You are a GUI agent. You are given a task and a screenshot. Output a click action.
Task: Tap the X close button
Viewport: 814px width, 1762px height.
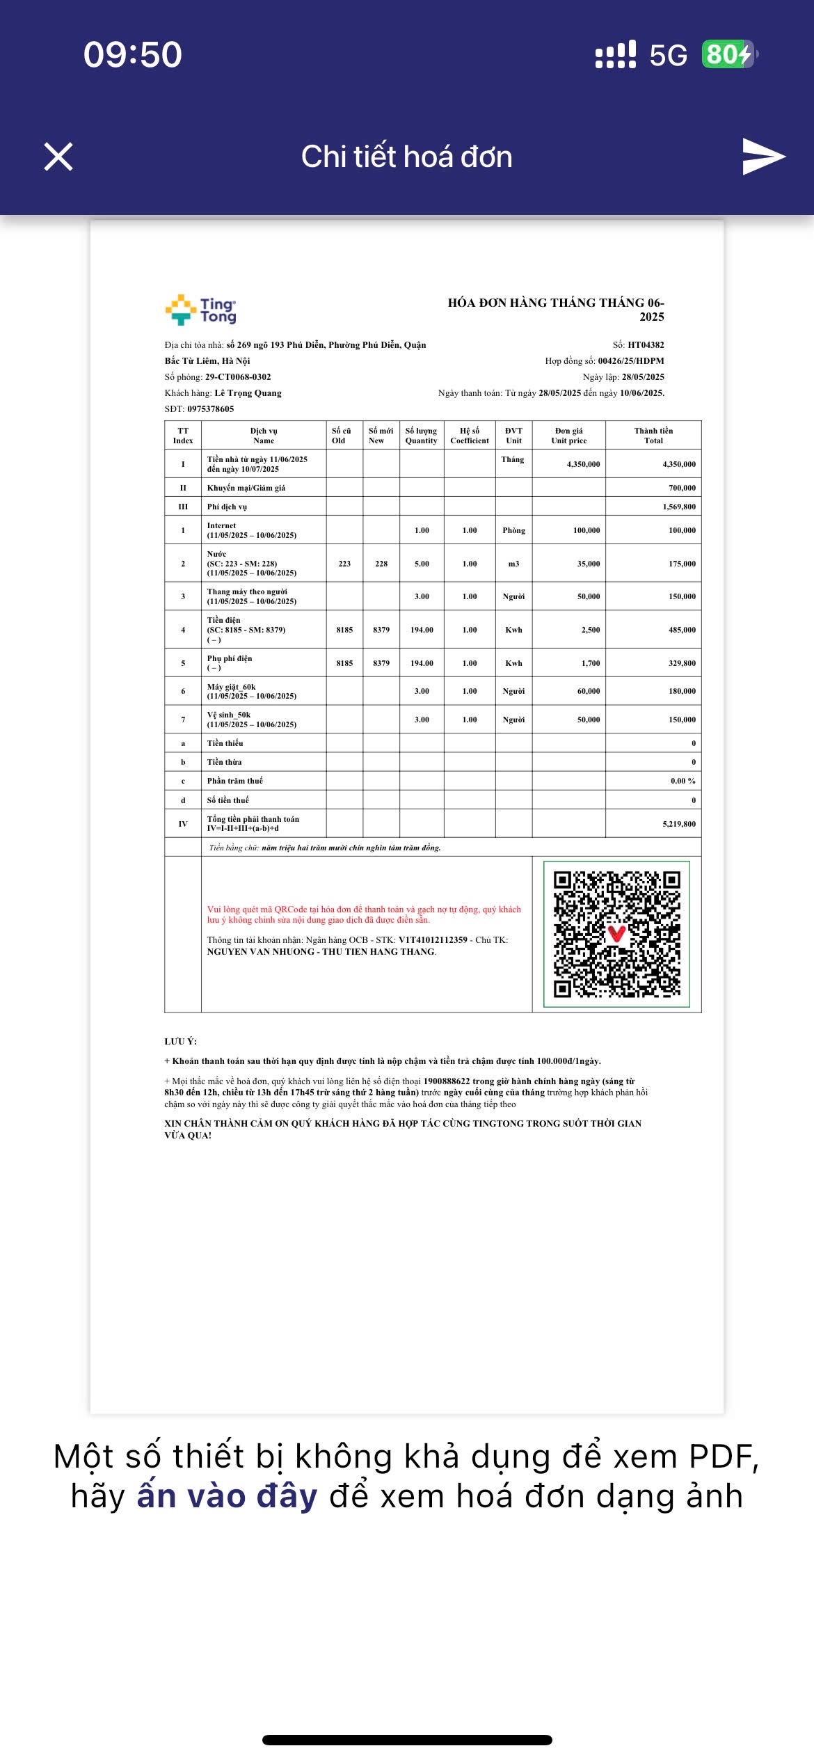pos(58,157)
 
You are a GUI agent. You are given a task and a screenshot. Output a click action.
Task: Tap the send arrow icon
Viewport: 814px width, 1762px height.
pos(763,157)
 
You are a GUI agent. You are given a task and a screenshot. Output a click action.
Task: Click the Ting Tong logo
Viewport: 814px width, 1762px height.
pos(201,310)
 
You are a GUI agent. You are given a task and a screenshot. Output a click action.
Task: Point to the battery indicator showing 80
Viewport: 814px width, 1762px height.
pos(728,54)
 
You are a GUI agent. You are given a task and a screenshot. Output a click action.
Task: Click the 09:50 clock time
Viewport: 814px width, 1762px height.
pos(133,54)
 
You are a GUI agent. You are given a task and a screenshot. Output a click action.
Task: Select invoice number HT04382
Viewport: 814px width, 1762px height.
pos(646,344)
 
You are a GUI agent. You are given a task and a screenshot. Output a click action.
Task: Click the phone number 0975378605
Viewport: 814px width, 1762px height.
pos(210,409)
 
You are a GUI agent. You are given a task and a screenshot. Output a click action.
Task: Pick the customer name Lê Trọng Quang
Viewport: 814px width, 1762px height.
pos(248,393)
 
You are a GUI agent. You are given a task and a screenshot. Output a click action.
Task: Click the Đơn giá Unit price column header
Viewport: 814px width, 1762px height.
pos(568,436)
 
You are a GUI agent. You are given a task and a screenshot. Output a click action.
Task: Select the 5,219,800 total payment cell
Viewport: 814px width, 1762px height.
pos(678,824)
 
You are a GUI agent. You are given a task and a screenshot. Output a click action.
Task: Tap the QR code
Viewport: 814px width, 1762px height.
pos(616,934)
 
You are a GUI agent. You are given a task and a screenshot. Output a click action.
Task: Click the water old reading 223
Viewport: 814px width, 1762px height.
pos(344,564)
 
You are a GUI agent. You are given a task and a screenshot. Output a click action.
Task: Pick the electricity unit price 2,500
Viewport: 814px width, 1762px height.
pos(590,630)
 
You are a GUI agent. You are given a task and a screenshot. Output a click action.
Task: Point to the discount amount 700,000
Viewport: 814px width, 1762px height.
pos(682,488)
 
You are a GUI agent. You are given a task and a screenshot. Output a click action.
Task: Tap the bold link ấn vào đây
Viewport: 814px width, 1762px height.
pos(227,1496)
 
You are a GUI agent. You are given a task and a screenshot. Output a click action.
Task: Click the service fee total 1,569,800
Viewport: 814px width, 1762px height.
pos(678,507)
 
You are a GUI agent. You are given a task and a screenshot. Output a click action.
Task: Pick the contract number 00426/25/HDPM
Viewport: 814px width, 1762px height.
pos(630,361)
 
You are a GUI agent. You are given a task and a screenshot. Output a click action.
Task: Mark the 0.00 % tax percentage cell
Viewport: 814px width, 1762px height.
pos(683,781)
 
